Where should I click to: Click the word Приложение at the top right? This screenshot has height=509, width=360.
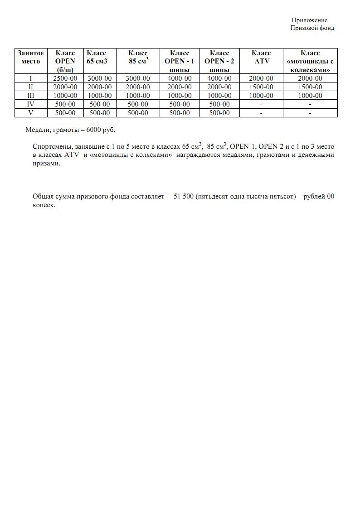[309, 20]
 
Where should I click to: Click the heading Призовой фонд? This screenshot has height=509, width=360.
[312, 28]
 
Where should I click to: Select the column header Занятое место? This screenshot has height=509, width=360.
[31, 57]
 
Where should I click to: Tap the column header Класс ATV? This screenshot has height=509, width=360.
[261, 57]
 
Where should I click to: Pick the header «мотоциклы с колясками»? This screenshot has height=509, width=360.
[310, 61]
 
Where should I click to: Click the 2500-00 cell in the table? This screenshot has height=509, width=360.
[65, 78]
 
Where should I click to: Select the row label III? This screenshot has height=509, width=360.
[31, 96]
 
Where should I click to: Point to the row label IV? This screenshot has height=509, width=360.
[31, 104]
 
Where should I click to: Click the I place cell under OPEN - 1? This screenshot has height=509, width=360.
[180, 78]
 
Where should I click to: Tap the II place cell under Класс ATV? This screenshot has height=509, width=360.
[261, 87]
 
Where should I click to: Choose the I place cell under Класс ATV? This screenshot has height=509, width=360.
[261, 78]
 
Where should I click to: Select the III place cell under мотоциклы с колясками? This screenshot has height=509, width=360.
[310, 96]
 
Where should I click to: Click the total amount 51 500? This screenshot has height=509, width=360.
[184, 196]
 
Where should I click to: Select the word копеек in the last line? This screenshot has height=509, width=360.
[44, 205]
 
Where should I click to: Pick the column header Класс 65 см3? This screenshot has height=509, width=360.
[97, 57]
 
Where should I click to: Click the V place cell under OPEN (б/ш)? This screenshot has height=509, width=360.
[65, 113]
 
